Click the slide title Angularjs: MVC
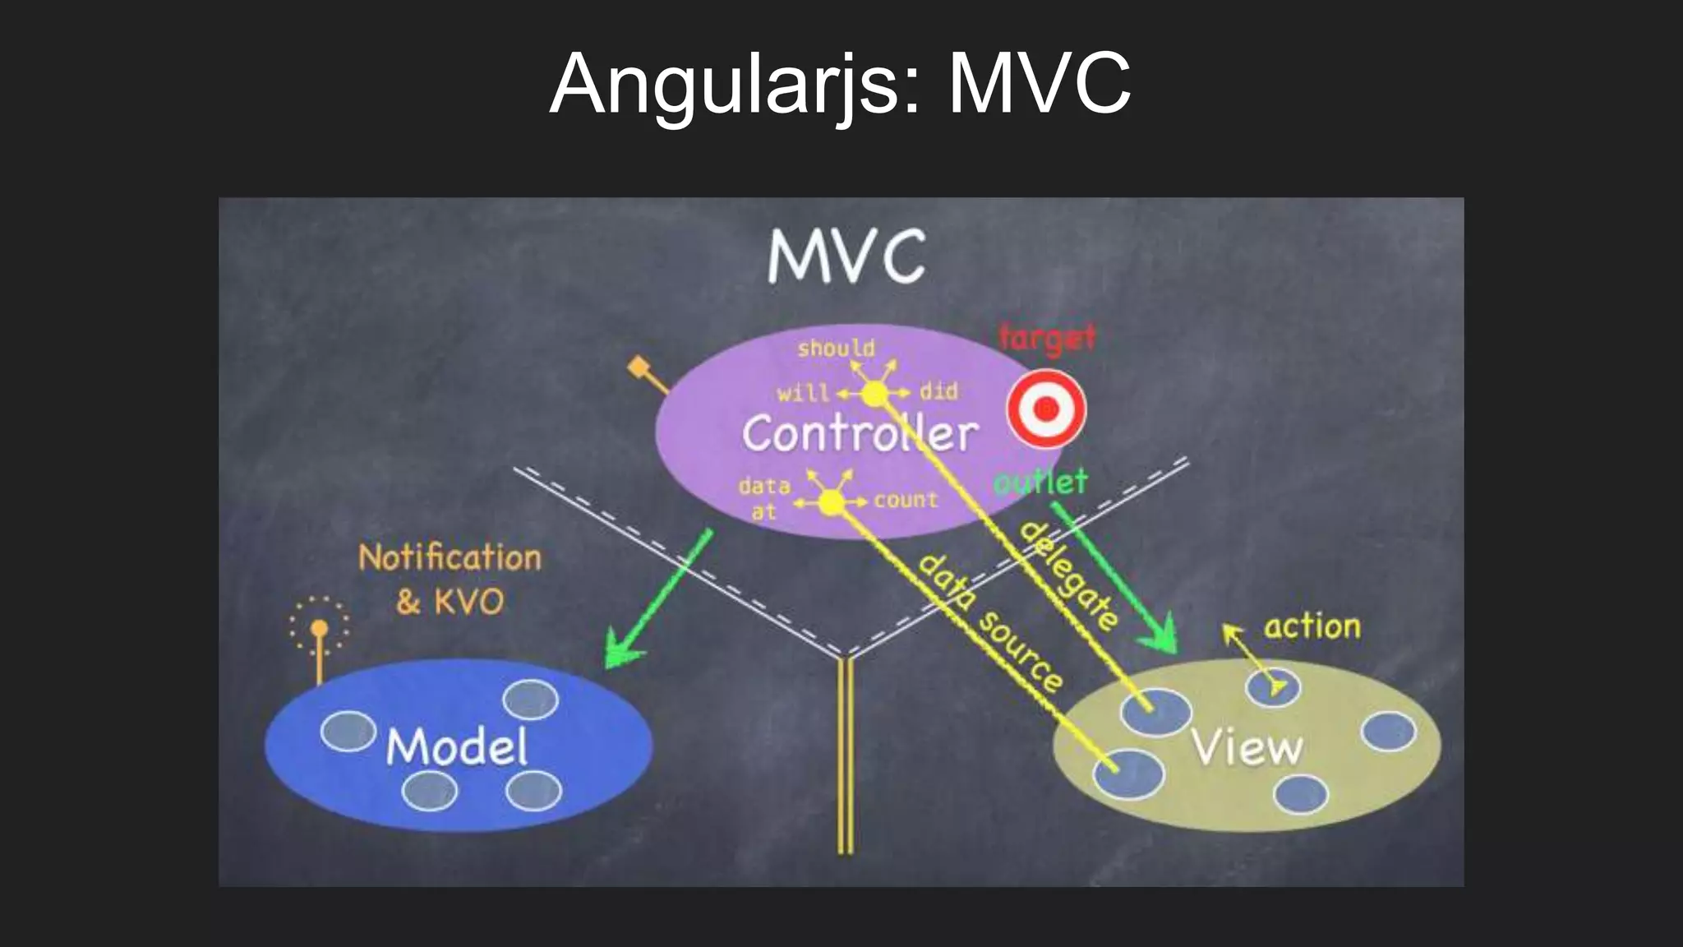(840, 84)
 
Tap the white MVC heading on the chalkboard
(846, 256)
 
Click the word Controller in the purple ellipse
(860, 433)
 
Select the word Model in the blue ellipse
(457, 747)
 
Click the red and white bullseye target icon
(1046, 409)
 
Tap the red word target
(1047, 338)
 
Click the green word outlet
(1040, 482)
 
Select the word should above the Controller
(836, 349)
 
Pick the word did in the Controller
(938, 391)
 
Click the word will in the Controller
(803, 393)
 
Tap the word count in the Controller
(906, 500)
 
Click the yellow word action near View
(1312, 627)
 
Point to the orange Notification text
(450, 558)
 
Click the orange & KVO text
(450, 602)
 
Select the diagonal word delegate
(1068, 575)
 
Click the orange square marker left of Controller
(639, 367)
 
